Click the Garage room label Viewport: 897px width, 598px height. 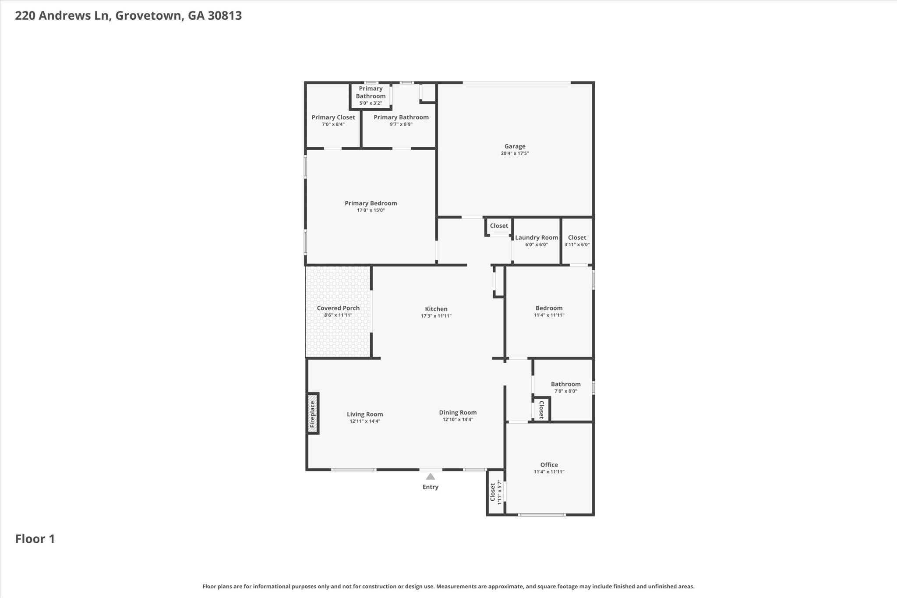(x=515, y=146)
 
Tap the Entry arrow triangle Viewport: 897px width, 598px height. (x=430, y=477)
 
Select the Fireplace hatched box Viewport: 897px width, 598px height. (x=312, y=413)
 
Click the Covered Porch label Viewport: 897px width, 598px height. (x=338, y=308)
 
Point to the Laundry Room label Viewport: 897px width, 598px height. (x=537, y=237)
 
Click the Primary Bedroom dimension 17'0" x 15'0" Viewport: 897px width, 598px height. (x=371, y=210)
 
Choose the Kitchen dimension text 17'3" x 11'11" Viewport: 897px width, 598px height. (x=436, y=316)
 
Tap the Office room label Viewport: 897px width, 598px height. (x=549, y=465)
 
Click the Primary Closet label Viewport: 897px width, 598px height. (x=333, y=117)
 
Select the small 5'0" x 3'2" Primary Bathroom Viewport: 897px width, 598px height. (x=371, y=96)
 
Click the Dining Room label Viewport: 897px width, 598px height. (x=458, y=412)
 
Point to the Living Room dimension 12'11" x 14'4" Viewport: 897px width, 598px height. (x=364, y=421)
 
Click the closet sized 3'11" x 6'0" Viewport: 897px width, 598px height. (x=577, y=241)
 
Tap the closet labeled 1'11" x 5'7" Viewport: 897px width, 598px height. (x=495, y=492)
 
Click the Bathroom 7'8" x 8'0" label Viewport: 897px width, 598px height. (x=565, y=384)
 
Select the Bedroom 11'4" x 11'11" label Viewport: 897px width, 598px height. (x=549, y=308)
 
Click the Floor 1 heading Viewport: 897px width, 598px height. (x=35, y=539)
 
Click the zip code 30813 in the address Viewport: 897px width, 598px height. (x=225, y=16)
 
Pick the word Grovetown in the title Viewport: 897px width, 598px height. (x=148, y=16)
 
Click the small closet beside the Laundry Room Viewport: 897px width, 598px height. (x=498, y=226)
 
